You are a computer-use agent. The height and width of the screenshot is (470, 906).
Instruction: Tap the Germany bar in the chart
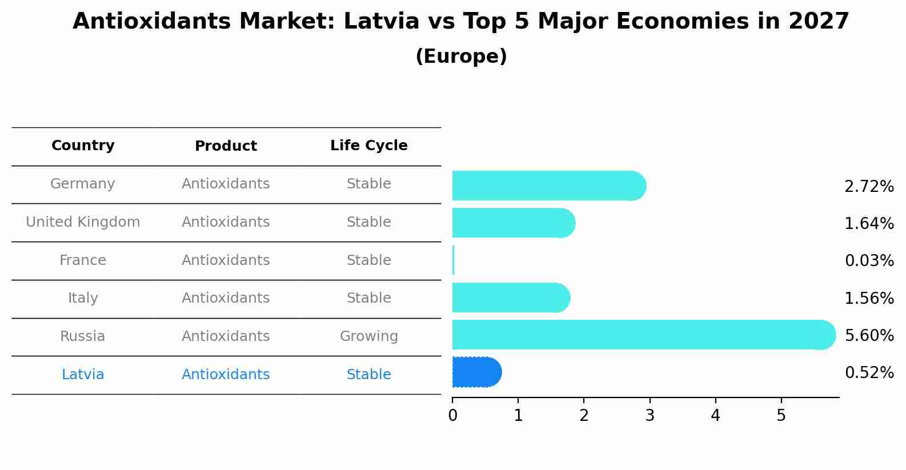click(x=548, y=186)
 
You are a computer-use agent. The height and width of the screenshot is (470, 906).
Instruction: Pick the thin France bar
click(x=453, y=260)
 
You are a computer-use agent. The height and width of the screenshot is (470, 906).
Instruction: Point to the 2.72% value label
click(x=868, y=187)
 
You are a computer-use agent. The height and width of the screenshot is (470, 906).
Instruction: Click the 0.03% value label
click(x=868, y=261)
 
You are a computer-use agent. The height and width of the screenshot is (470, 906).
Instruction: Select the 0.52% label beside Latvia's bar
click(x=868, y=373)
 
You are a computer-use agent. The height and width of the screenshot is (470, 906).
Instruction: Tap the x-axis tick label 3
click(x=650, y=416)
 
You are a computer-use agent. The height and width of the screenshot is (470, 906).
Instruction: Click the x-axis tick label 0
click(x=452, y=416)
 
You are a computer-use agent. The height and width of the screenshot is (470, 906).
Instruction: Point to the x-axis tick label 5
click(x=781, y=416)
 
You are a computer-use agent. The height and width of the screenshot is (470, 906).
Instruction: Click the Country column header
click(x=83, y=146)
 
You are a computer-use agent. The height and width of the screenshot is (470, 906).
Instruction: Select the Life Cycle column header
click(x=368, y=146)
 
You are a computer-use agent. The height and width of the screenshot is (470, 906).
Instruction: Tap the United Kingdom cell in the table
click(x=83, y=222)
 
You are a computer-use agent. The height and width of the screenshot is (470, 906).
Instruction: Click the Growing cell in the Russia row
click(x=368, y=336)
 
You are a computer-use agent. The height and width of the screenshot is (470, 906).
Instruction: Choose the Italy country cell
click(x=83, y=298)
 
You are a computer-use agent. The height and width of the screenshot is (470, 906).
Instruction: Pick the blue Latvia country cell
click(x=83, y=375)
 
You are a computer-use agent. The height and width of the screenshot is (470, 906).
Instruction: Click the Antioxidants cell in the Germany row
click(x=226, y=184)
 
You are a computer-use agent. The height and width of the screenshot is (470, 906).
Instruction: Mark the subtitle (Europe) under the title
click(x=461, y=57)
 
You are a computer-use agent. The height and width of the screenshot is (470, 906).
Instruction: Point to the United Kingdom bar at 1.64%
click(x=513, y=223)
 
